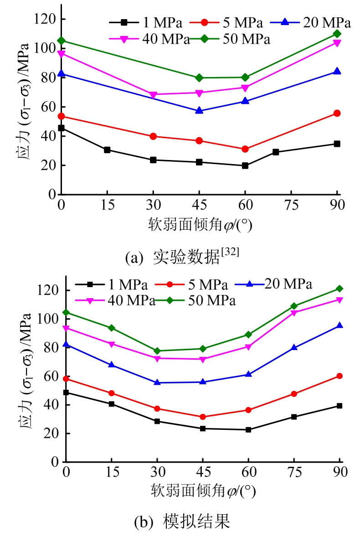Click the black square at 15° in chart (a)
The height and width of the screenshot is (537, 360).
tap(107, 150)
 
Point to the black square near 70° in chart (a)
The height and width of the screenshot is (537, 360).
tap(276, 152)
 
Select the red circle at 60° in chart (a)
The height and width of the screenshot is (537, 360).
tap(245, 149)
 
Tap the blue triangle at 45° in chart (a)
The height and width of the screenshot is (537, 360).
tap(199, 110)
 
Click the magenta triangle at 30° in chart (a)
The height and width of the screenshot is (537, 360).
tap(153, 95)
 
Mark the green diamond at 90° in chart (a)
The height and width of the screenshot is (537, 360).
tap(337, 34)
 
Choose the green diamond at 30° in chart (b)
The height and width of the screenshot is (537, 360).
tap(157, 351)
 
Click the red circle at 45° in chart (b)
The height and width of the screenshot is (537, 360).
tap(203, 417)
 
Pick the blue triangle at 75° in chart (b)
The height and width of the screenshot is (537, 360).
tap(294, 347)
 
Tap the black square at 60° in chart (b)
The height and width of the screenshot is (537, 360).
tap(248, 429)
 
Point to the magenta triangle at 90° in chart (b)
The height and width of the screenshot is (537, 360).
tap(339, 299)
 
